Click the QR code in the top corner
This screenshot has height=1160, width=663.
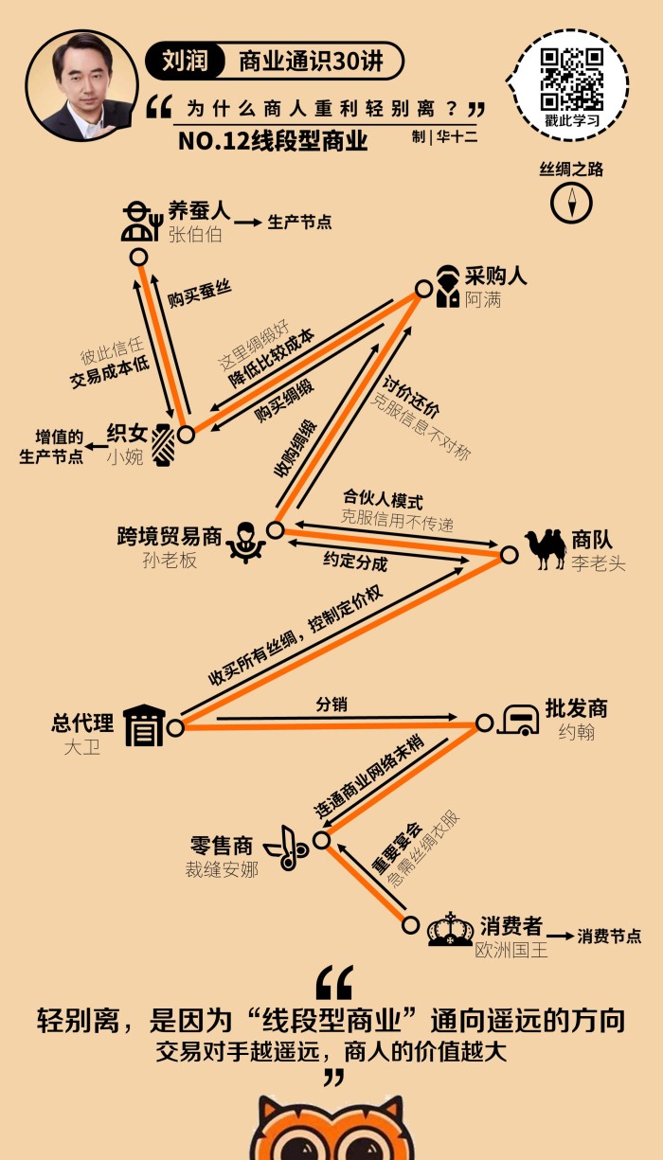pos(571,79)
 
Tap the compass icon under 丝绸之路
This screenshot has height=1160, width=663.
pos(571,202)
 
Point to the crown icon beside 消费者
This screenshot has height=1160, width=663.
pos(450,930)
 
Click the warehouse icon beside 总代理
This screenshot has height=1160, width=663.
pos(143,726)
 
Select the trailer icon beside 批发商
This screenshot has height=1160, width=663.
pos(519,721)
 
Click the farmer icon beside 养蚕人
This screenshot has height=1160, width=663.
pos(139,222)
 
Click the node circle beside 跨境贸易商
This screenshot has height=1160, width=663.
pos(275,530)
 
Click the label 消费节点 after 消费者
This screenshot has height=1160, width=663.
pos(609,937)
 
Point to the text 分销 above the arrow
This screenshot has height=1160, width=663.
pos(331,705)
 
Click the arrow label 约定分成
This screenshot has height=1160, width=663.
pos(355,562)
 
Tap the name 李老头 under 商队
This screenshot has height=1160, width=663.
pos(598,564)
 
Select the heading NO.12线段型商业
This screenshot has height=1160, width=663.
pos(273,141)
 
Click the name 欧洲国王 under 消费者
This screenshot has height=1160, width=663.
pos(511,950)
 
